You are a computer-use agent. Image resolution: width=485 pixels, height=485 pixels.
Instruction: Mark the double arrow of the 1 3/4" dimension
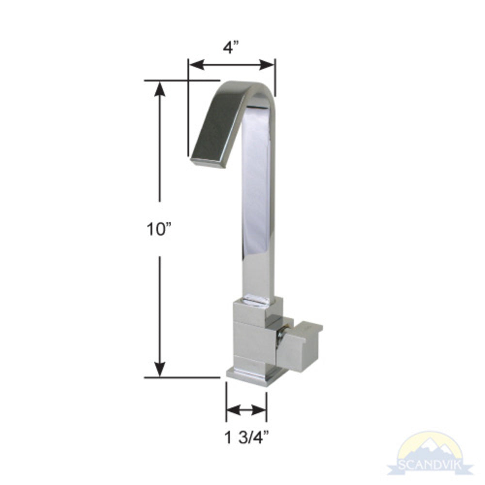tap(246, 411)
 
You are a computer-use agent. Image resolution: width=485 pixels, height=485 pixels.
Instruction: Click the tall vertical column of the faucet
tap(257, 204)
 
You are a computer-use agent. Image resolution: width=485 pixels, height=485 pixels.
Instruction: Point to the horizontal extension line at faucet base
tap(182, 377)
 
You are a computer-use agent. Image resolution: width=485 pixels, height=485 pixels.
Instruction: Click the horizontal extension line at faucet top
tap(182, 80)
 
